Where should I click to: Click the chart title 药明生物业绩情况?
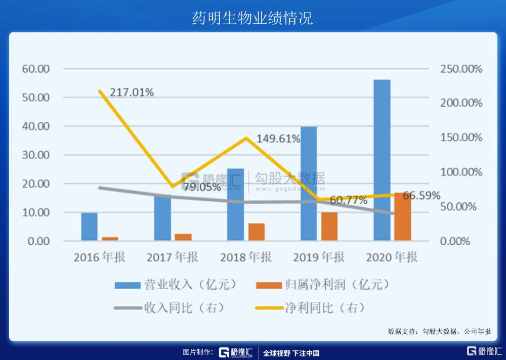[252, 18]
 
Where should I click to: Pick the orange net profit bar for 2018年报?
[256, 232]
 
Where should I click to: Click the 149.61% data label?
[278, 139]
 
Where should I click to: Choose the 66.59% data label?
[421, 195]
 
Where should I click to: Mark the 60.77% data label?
[349, 200]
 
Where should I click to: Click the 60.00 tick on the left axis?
[35, 69]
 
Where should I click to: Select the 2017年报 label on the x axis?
[173, 257]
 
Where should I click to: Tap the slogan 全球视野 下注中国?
[291, 353]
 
